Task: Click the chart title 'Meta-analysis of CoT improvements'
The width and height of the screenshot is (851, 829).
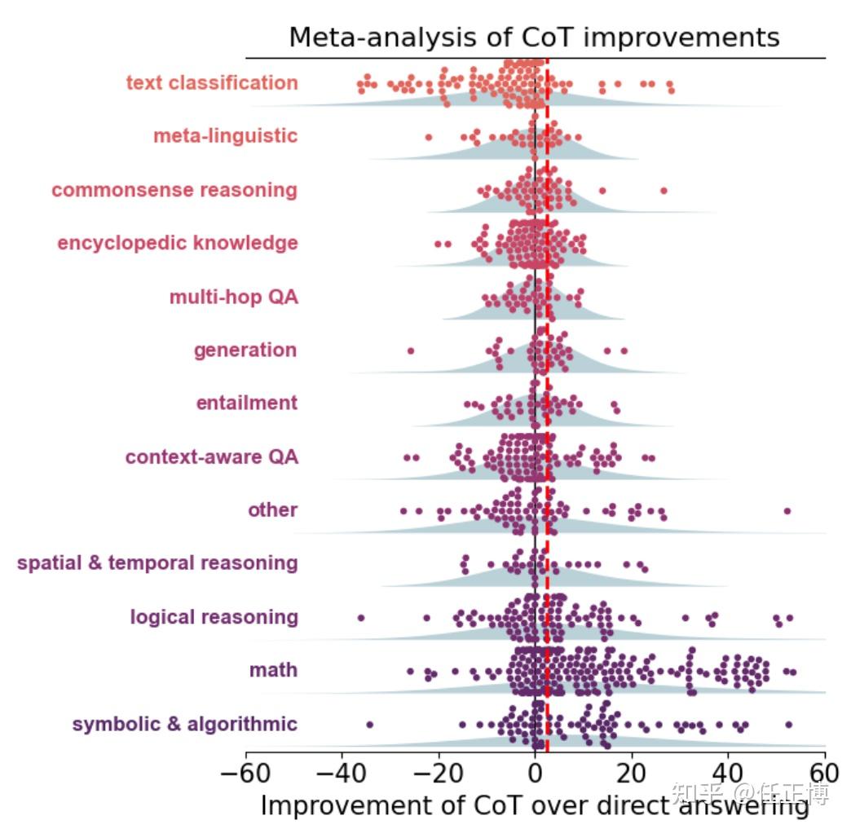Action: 534,37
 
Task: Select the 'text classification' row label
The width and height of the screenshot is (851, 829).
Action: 212,83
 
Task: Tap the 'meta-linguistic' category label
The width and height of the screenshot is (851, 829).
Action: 226,136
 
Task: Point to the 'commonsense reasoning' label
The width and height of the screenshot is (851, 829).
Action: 174,190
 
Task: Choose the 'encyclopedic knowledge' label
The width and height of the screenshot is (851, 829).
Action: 178,243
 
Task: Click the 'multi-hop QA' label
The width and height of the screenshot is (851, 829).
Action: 234,297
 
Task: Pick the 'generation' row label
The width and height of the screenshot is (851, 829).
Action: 245,351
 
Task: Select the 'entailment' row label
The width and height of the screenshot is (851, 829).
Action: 247,403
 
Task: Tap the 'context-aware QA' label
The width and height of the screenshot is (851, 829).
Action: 212,457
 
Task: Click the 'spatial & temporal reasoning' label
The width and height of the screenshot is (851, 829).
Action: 157,563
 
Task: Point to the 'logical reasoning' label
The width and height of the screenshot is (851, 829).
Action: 214,617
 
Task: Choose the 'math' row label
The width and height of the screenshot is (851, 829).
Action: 274,671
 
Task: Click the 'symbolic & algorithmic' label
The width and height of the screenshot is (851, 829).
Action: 185,724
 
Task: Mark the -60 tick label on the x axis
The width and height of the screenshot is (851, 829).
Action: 245,771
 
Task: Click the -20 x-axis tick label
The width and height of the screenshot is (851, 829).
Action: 438,771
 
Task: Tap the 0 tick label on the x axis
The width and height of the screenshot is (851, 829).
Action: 535,771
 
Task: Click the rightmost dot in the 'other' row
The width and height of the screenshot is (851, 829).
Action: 787,511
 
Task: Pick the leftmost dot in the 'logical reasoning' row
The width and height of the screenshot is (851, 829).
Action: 361,617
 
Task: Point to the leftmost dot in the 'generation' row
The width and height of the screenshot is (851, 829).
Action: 411,351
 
